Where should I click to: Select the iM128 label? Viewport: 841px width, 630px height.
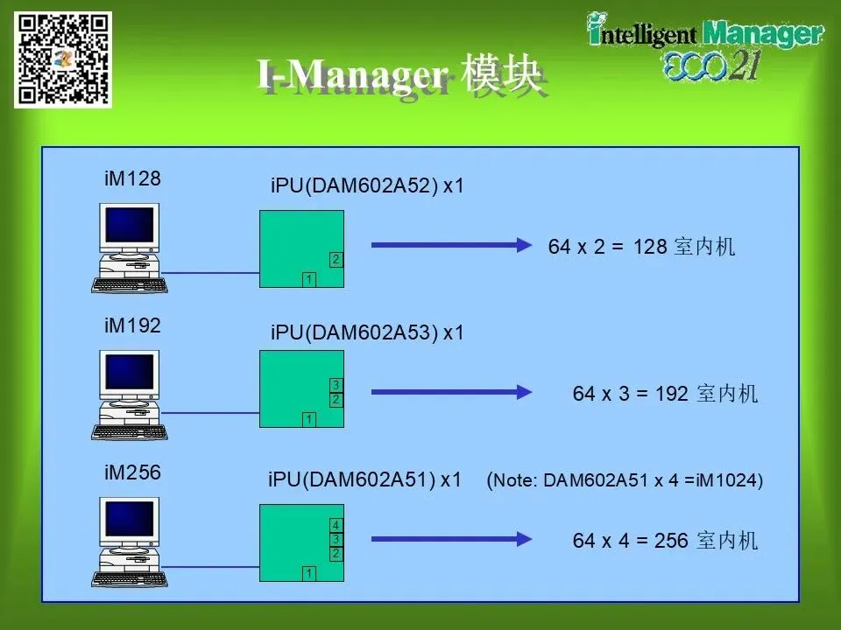[x=132, y=178]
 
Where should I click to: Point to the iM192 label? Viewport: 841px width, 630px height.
[x=132, y=325]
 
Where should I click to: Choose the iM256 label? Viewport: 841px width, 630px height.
[x=132, y=472]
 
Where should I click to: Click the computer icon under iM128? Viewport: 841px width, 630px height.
[x=129, y=248]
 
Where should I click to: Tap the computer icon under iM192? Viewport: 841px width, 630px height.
[x=129, y=395]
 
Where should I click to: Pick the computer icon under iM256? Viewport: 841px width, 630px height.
[x=129, y=542]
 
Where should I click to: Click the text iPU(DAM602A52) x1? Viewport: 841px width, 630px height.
[x=367, y=185]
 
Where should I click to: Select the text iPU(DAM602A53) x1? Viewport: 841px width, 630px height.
[x=367, y=332]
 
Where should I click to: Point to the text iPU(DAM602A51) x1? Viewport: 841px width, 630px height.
[x=364, y=479]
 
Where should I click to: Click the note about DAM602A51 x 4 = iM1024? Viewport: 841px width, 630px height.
[x=625, y=480]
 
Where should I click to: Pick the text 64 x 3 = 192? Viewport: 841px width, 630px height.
[x=630, y=394]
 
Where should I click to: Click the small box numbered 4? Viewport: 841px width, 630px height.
[x=336, y=525]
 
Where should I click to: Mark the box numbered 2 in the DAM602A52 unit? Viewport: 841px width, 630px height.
[x=336, y=259]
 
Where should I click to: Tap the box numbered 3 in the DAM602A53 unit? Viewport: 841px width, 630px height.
[x=336, y=385]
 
